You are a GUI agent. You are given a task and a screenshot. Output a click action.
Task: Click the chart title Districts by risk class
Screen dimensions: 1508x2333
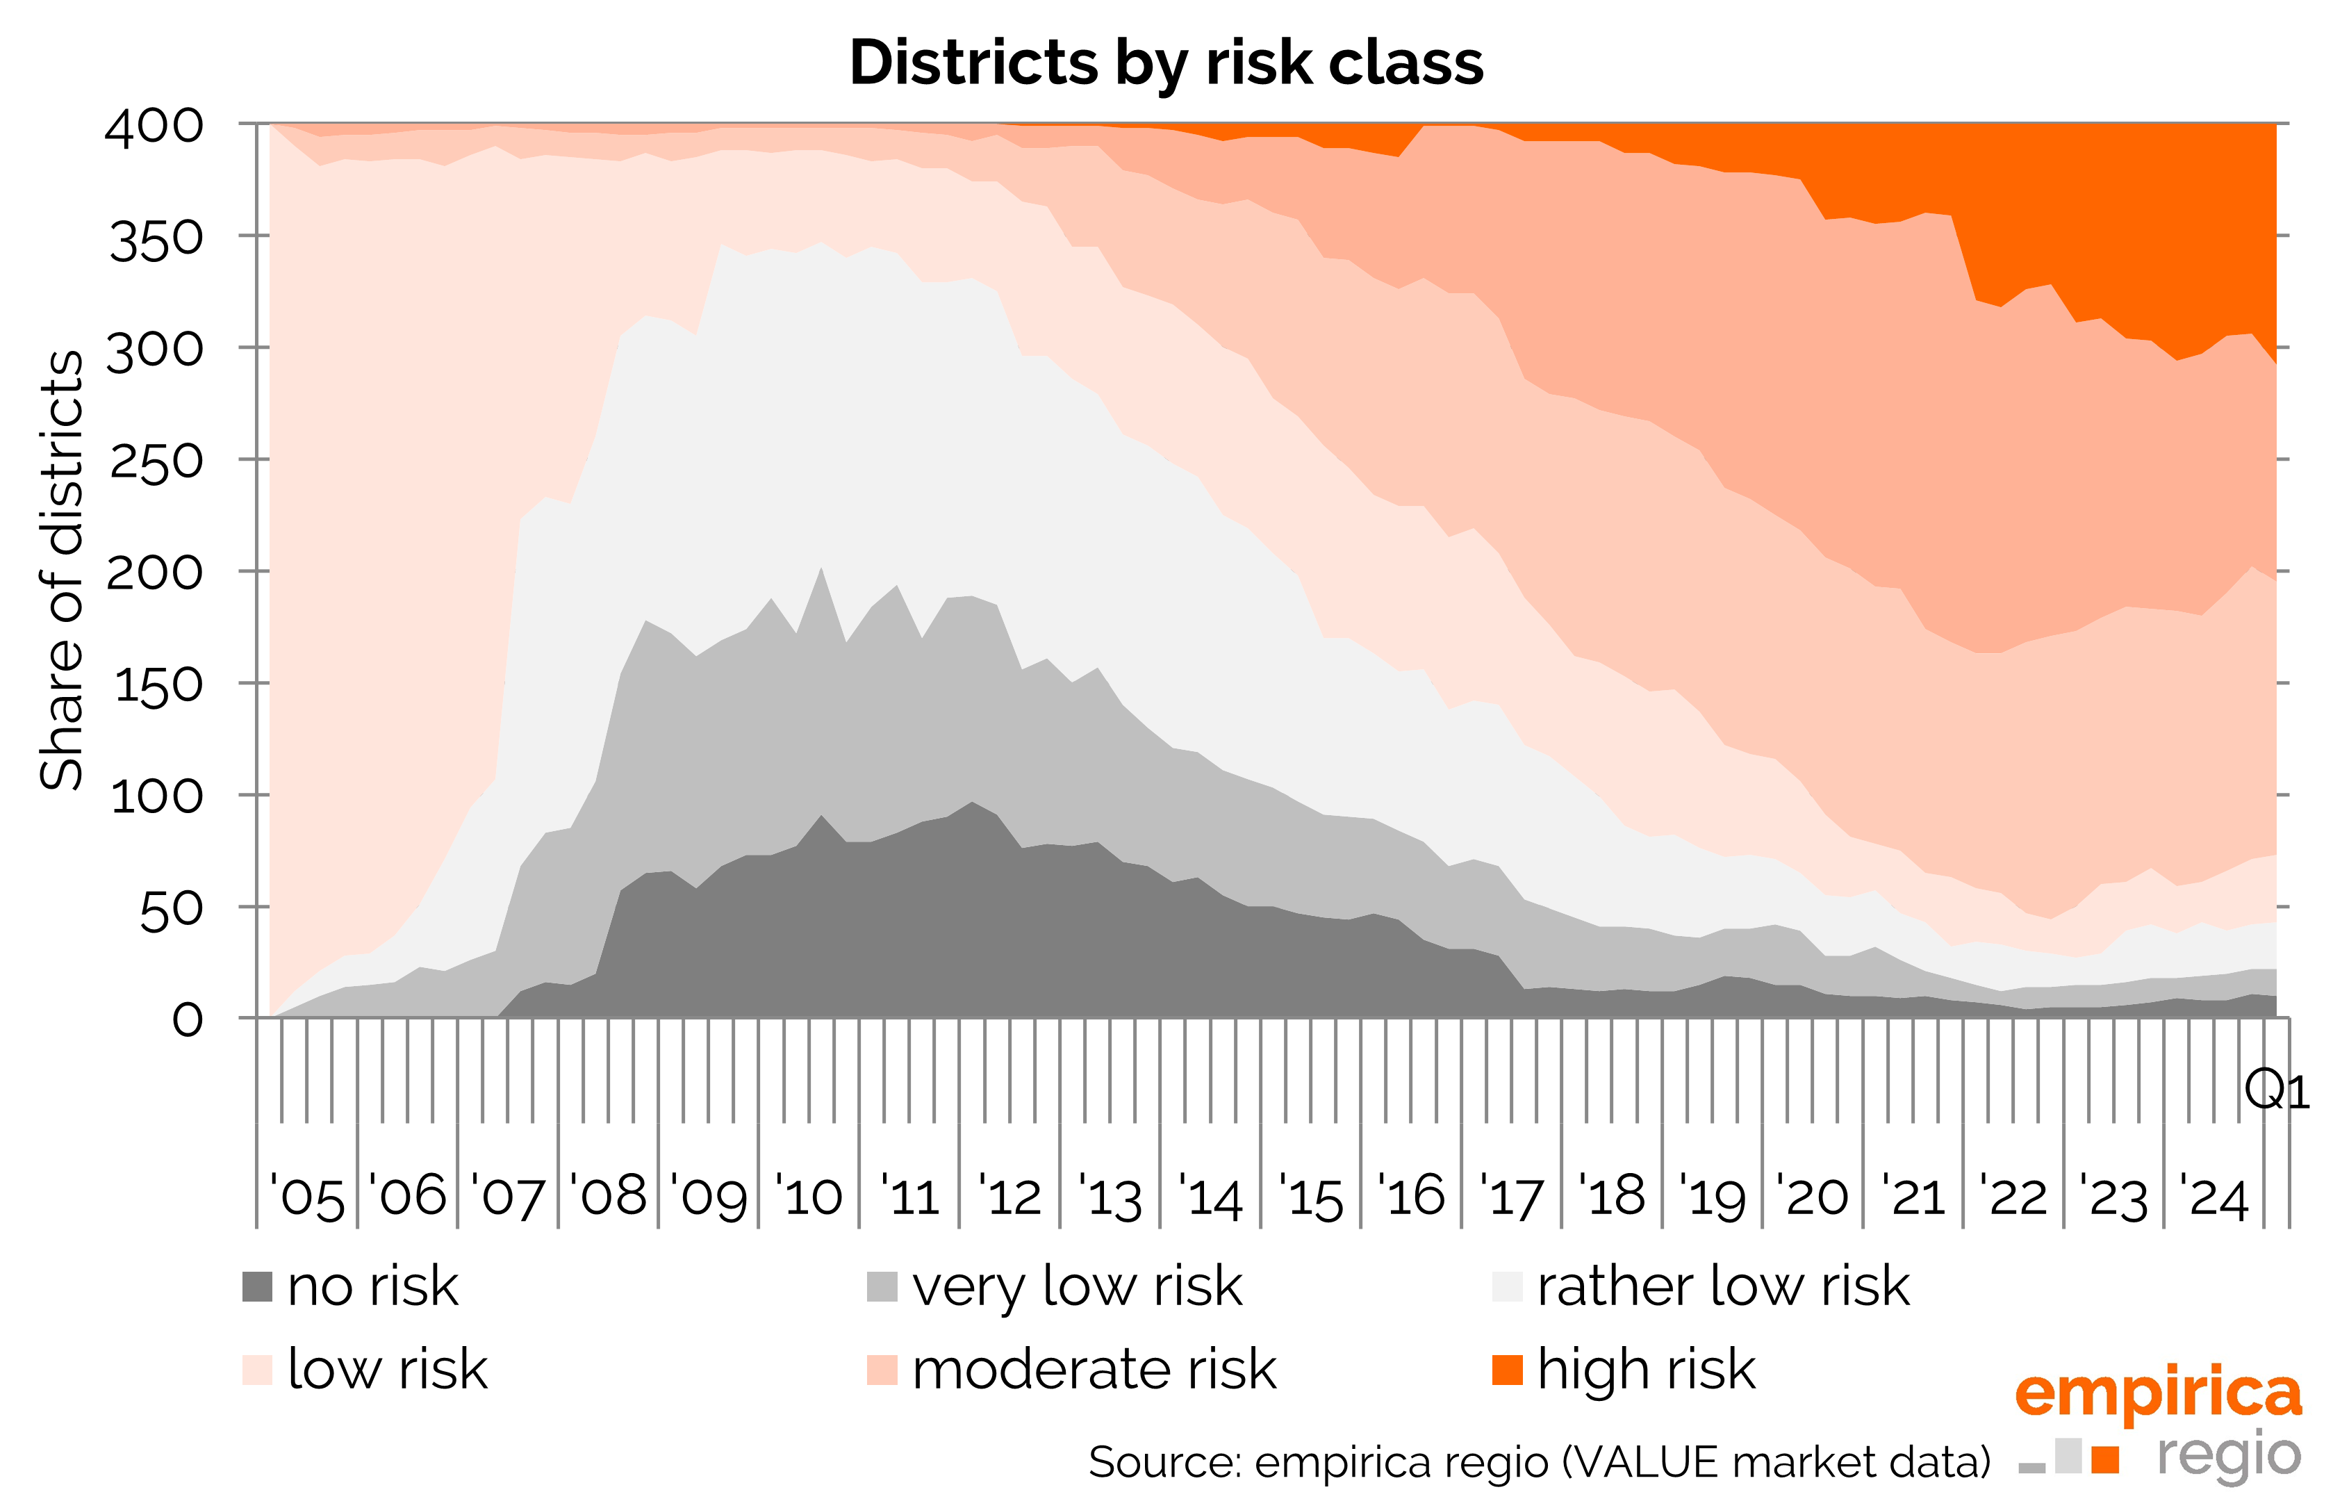1165,63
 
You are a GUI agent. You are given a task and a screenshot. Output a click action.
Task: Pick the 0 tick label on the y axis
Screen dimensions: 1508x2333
188,1020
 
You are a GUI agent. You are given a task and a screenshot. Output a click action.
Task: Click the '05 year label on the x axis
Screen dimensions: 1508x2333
307,1197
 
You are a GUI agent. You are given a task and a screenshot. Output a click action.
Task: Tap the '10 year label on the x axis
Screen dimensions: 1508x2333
809,1197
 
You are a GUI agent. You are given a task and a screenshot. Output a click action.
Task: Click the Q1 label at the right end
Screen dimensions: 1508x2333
2276,1090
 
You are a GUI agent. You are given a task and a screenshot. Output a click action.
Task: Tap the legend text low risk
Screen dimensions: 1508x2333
388,1370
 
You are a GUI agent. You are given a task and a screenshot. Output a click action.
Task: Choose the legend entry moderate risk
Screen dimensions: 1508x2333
1094,1370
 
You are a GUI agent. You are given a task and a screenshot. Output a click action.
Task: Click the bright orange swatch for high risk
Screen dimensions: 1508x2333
1507,1370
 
